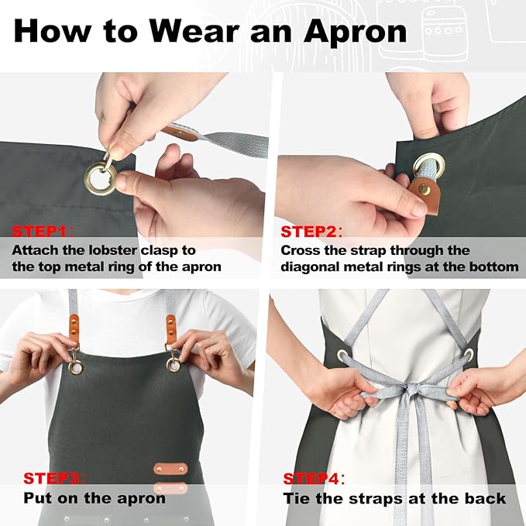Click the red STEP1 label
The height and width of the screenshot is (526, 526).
point(42,231)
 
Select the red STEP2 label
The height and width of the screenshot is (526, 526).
point(310,231)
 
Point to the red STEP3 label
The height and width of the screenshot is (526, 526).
point(53,478)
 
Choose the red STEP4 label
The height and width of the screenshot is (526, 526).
point(313,478)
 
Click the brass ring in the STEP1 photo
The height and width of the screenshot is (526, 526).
point(101,179)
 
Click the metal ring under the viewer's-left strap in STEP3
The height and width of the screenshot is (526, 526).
point(74,366)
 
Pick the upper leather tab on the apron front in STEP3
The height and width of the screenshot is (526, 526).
point(170,469)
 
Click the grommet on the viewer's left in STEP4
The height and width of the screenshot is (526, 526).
point(342,356)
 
